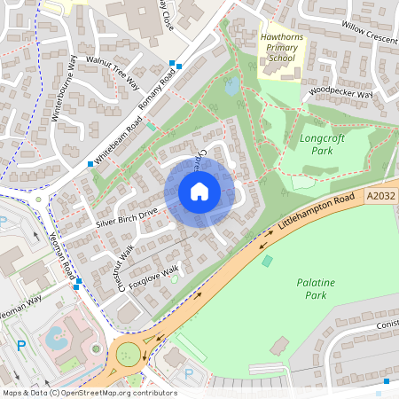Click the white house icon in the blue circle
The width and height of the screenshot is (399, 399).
coord(199,192)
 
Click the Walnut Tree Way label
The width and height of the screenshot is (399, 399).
coord(113,71)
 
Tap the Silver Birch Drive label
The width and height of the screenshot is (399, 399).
coord(127,218)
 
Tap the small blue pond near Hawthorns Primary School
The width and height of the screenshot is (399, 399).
coord(231,87)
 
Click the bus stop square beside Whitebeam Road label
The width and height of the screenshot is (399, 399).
coord(90,164)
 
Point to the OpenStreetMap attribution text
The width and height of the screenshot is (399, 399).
coord(89,393)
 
